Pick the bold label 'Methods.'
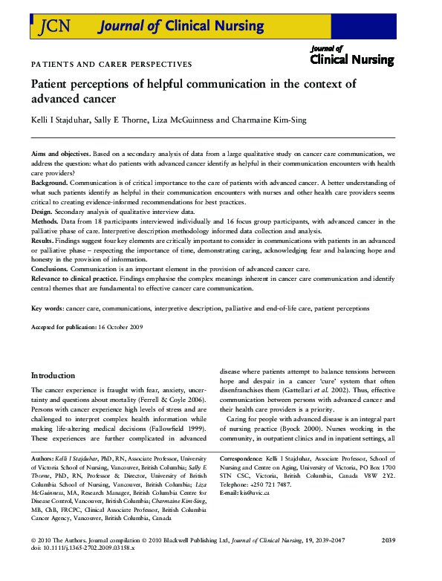[x=47, y=221]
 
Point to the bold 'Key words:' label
[x=48, y=308]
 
